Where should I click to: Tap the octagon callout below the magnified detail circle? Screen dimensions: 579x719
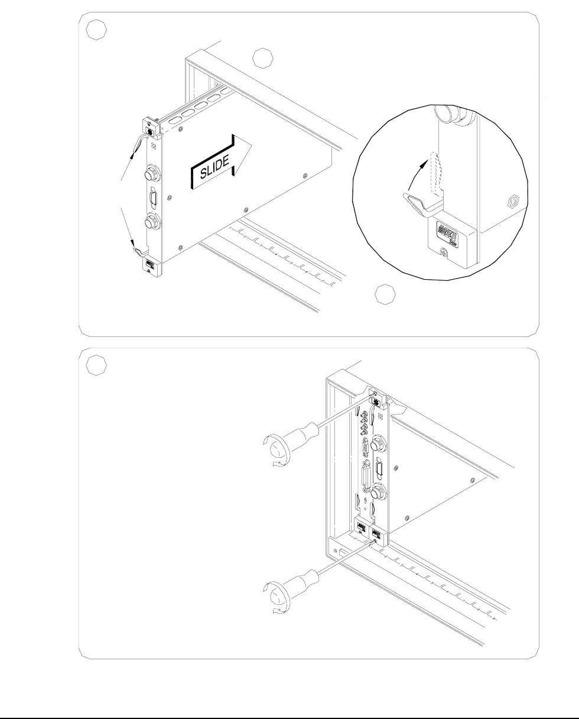pos(385,294)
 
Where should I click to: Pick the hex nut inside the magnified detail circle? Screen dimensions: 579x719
pos(512,202)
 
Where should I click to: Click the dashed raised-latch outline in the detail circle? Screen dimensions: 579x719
pos(438,174)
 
